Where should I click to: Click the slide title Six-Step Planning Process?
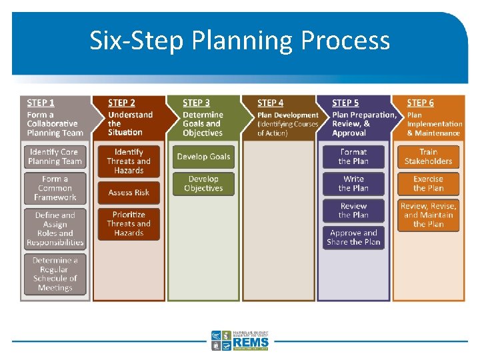click(x=240, y=41)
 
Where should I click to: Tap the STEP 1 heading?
click(x=41, y=103)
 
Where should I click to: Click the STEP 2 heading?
click(x=121, y=103)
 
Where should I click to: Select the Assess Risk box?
click(x=129, y=193)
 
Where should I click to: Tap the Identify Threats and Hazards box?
click(x=129, y=161)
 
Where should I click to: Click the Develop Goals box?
click(x=204, y=157)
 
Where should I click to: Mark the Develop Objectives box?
click(x=204, y=184)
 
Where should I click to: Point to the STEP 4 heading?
click(x=270, y=103)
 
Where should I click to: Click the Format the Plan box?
click(x=353, y=157)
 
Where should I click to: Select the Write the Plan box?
click(x=353, y=184)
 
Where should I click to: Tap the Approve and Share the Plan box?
click(x=353, y=238)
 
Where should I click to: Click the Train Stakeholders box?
click(x=429, y=157)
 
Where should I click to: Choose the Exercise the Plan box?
click(x=429, y=184)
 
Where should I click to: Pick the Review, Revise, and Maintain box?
click(x=429, y=215)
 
